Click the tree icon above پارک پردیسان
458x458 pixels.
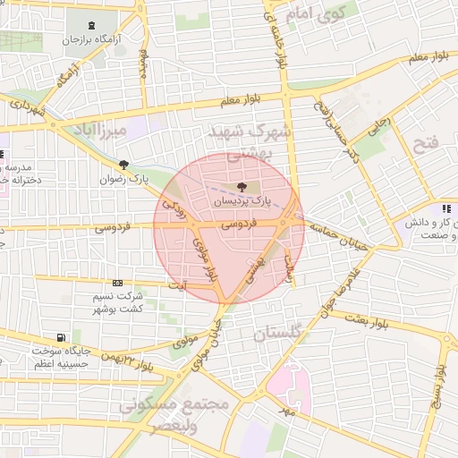[242, 187]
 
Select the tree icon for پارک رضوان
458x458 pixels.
[123, 165]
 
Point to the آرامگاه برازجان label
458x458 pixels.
[95, 40]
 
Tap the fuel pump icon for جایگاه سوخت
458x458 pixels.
[60, 337]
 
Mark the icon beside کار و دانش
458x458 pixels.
[445, 209]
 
